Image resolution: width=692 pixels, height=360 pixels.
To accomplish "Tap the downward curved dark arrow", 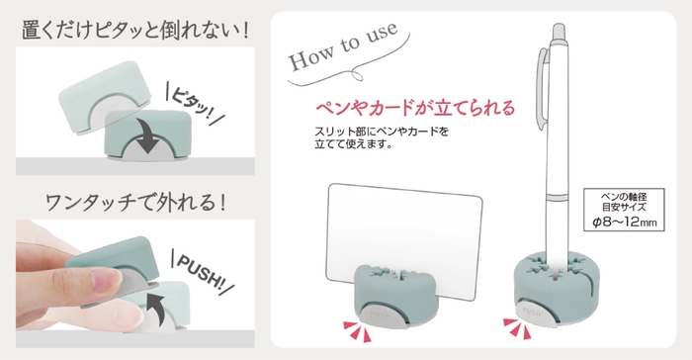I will [x=149, y=135].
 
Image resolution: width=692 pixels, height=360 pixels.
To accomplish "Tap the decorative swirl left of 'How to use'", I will [x=297, y=83].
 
